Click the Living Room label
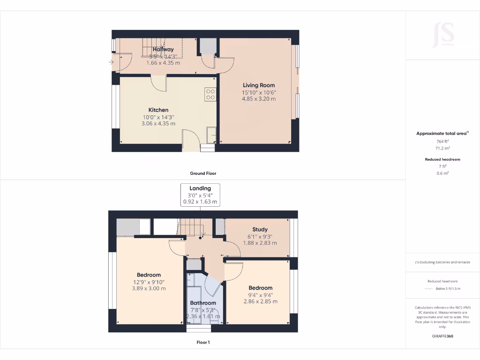point(258,85)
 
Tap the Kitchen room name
point(158,110)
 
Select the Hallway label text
point(163,49)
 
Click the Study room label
point(260,229)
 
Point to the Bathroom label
point(203,303)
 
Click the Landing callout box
point(200,195)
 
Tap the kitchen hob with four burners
point(210,95)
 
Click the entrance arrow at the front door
point(111,61)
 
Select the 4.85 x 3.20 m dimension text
point(258,99)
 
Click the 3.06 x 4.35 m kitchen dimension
point(158,124)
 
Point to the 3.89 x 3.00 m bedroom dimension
point(149,289)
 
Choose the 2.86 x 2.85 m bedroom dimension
point(260,301)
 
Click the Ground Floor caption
point(203,173)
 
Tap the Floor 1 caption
point(203,343)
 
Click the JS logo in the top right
point(442,35)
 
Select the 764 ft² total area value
point(442,141)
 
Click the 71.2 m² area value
point(442,148)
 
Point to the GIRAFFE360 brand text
point(442,336)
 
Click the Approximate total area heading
point(442,134)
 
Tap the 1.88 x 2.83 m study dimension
point(260,243)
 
